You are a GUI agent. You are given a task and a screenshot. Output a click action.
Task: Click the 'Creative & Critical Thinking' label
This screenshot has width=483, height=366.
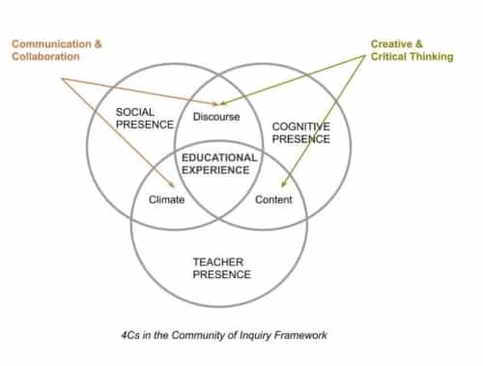click(x=412, y=49)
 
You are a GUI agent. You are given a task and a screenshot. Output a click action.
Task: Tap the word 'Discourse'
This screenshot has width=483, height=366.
click(x=217, y=119)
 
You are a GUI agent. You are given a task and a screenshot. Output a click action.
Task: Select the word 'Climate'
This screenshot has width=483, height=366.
click(x=166, y=200)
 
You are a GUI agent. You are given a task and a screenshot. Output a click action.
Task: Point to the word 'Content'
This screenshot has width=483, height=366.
click(x=273, y=200)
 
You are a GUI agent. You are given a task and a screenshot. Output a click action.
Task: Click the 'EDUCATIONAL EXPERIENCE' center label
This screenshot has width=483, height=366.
click(x=219, y=163)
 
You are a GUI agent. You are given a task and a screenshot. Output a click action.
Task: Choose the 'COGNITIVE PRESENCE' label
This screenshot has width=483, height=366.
click(x=300, y=132)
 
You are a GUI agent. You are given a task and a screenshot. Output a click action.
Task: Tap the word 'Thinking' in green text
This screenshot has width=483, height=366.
click(x=430, y=56)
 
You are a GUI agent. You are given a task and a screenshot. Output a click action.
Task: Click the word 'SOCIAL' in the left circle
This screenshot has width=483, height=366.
click(x=135, y=112)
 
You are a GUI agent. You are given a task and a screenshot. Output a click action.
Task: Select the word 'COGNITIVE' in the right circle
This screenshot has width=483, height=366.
click(x=300, y=127)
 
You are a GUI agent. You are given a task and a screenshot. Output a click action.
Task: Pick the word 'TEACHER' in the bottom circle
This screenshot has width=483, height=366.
click(x=219, y=261)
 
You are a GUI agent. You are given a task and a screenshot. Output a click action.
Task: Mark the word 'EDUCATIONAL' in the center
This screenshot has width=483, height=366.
click(x=219, y=157)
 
